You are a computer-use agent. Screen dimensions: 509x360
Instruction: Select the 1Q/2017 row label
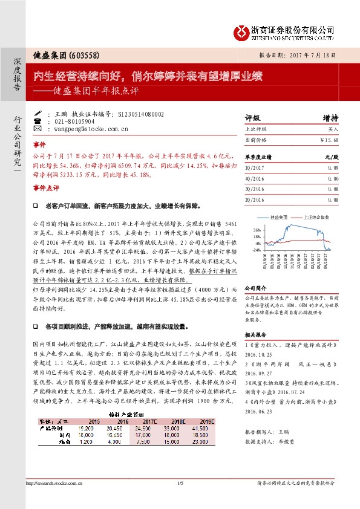[254, 167]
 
